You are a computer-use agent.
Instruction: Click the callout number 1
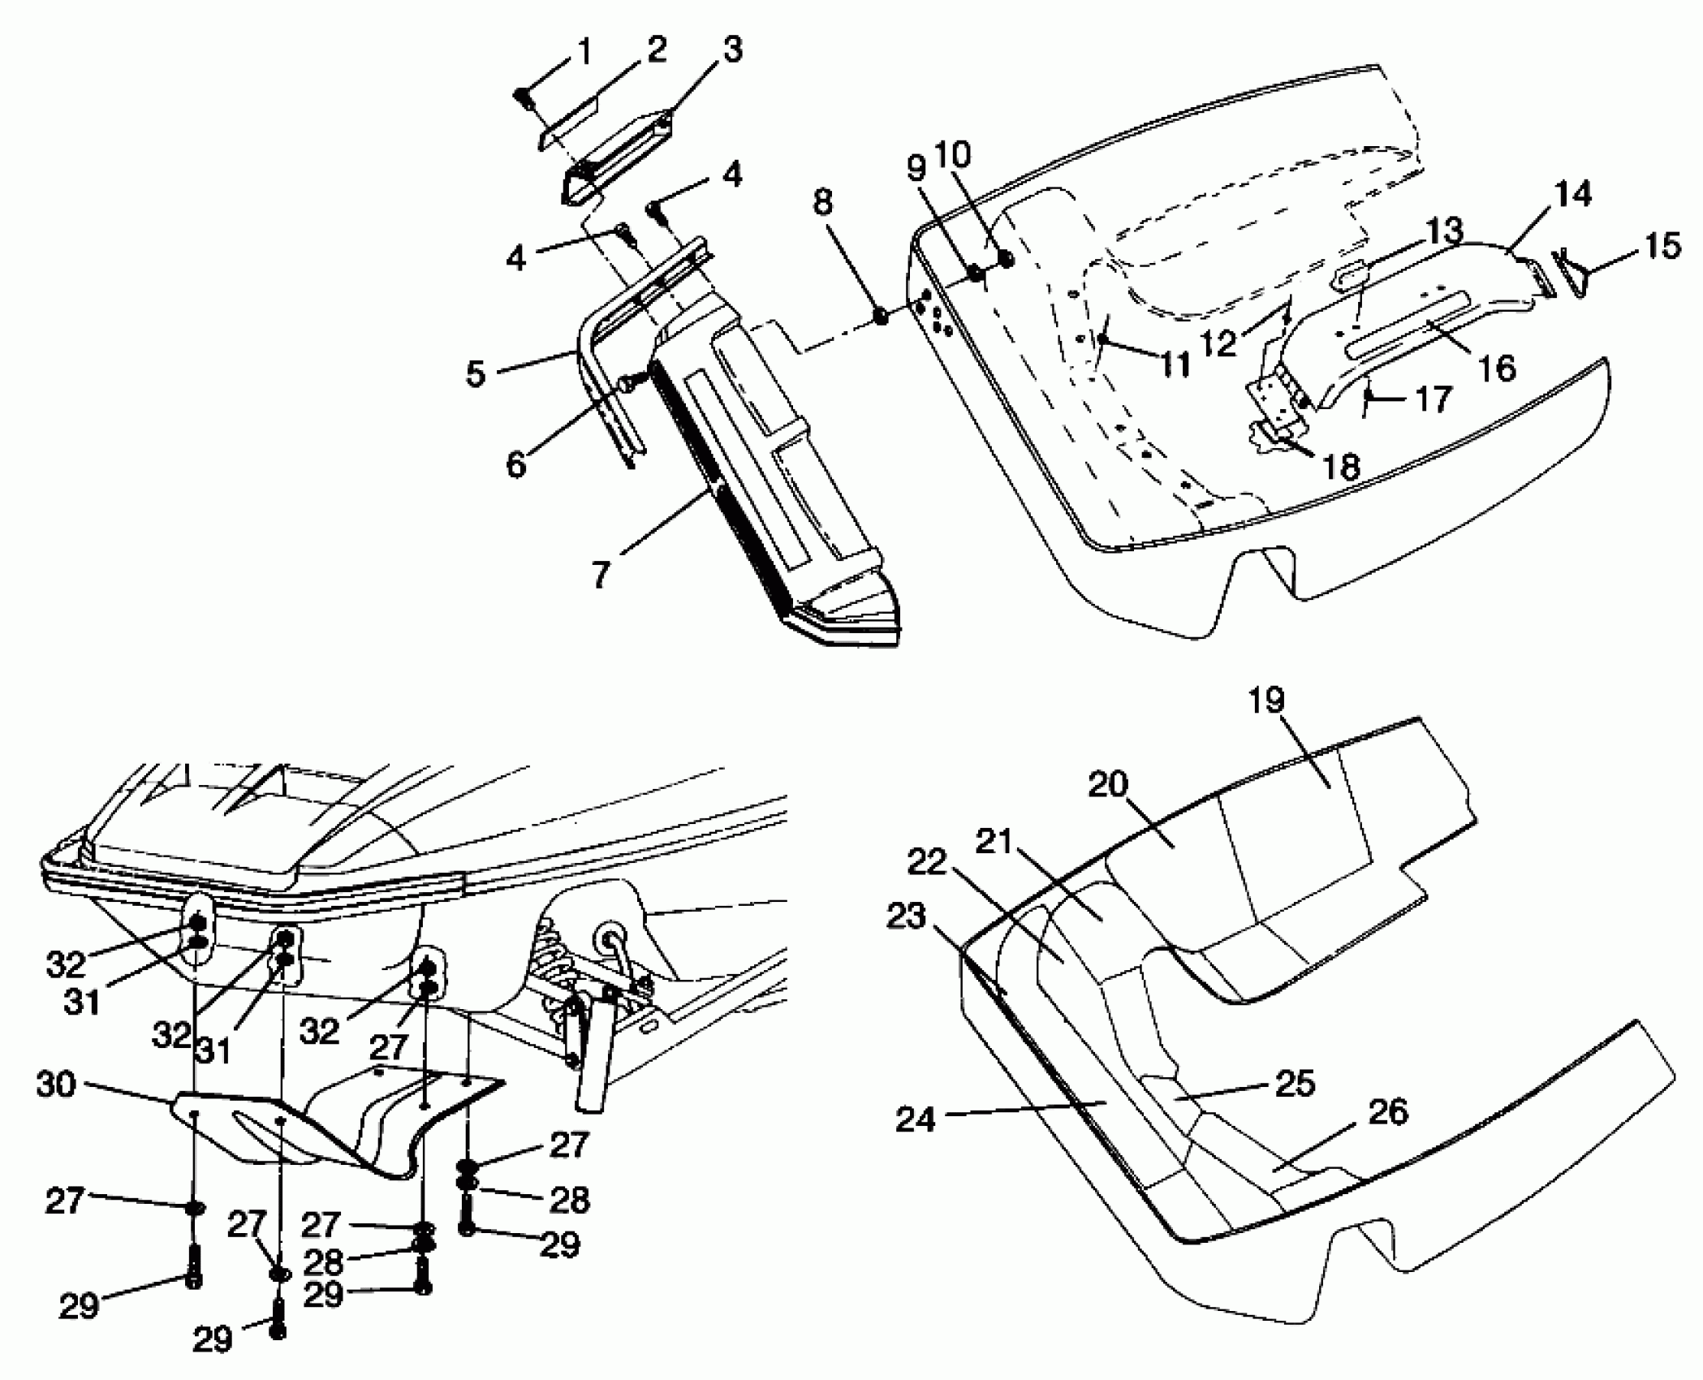click(584, 54)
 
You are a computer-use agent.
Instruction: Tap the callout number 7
click(600, 574)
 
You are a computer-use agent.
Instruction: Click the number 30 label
click(56, 1085)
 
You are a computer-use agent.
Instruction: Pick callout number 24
click(916, 1120)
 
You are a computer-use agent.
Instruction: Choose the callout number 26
click(1387, 1111)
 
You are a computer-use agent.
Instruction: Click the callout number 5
click(476, 374)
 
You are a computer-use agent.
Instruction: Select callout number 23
click(907, 917)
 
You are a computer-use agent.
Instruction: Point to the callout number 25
click(1295, 1083)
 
